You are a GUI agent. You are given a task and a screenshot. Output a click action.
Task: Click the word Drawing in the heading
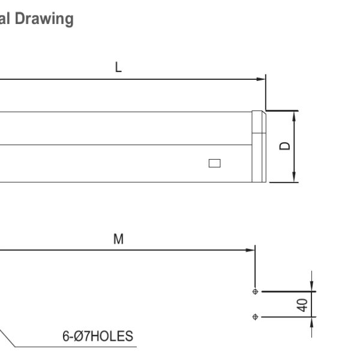coord(44,19)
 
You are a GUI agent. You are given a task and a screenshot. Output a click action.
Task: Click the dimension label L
coord(118,67)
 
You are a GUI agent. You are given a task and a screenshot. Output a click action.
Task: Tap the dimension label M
coord(118,239)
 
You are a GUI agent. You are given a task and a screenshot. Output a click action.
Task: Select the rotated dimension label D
coord(284,146)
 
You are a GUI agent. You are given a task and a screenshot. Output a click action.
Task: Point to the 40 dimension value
coord(302,305)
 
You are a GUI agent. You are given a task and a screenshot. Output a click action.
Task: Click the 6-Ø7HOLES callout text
coord(98,336)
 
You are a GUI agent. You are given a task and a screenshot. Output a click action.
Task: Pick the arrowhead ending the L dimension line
coord(261,79)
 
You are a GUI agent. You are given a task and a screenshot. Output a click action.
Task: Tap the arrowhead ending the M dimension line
coord(250,250)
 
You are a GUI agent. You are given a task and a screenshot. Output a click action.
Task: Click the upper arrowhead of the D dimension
coord(294,116)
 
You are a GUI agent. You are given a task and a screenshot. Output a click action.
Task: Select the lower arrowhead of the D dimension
coord(294,177)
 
